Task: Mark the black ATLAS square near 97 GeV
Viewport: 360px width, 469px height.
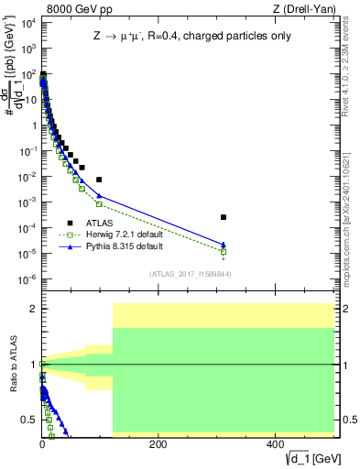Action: click(x=99, y=180)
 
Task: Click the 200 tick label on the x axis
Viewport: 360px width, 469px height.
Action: click(x=158, y=444)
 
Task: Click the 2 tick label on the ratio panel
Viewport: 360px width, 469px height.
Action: click(x=32, y=309)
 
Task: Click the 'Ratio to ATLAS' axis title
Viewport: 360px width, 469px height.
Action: click(x=12, y=364)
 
